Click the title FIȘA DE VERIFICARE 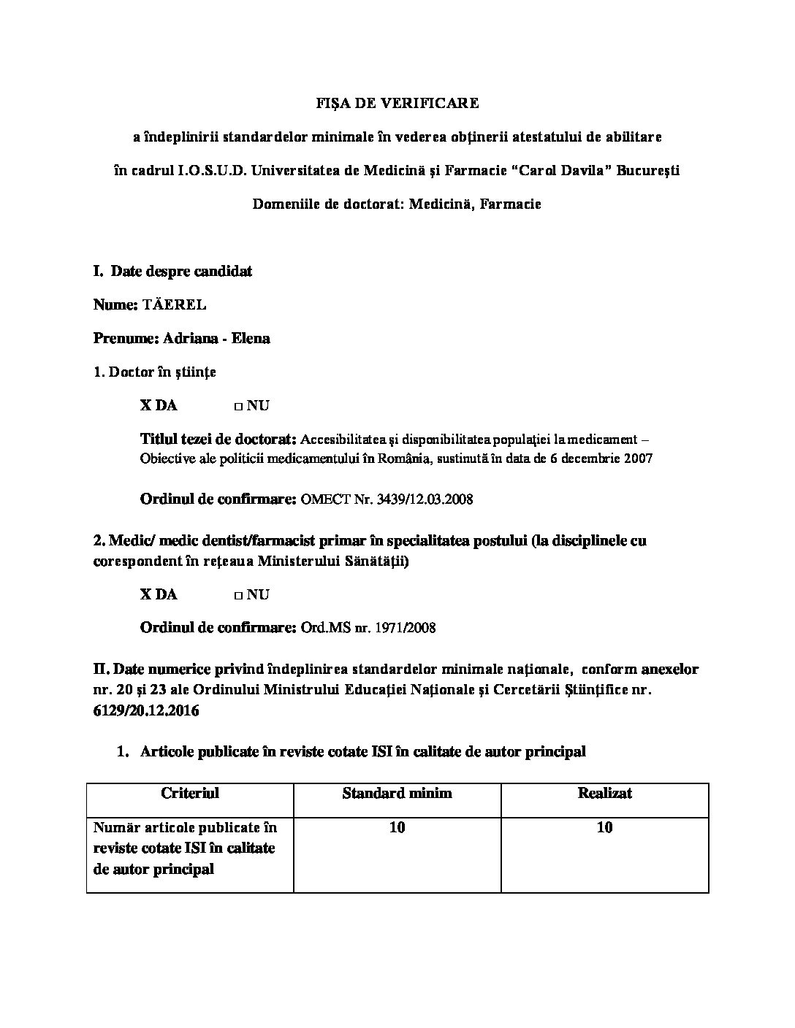click(397, 103)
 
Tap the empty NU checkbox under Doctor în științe click(238, 406)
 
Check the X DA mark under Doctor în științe click(159, 405)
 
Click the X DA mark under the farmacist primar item click(159, 594)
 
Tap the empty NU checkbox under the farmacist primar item click(238, 595)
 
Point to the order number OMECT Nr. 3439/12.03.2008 click(387, 499)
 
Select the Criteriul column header click(190, 793)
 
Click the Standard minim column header click(397, 793)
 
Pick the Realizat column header click(604, 793)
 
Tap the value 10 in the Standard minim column click(397, 827)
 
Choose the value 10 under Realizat click(604, 827)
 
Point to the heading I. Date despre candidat click(173, 271)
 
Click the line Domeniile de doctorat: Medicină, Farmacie click(397, 204)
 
